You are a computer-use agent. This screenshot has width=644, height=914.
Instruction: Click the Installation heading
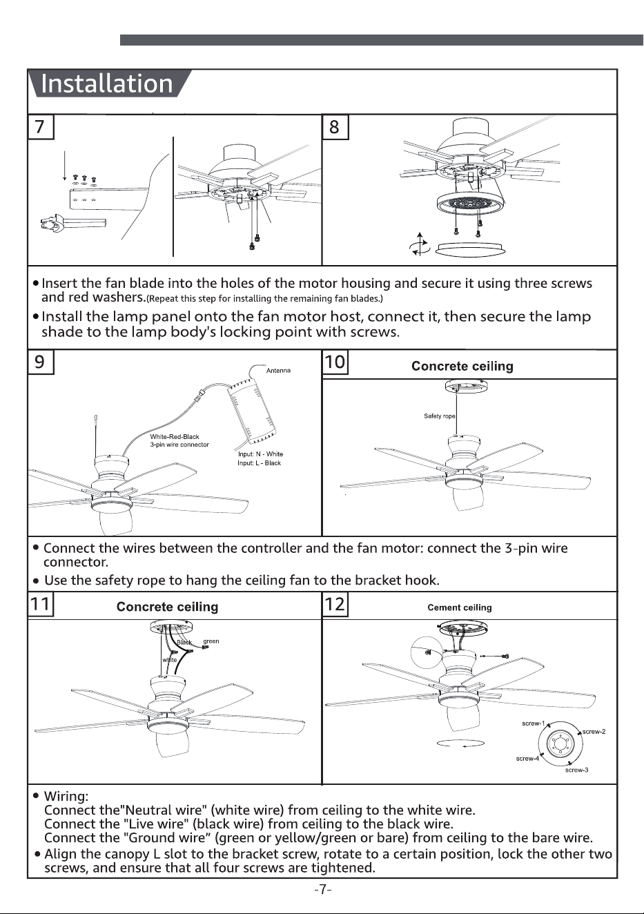107,84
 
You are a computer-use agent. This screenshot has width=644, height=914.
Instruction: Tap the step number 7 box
41,127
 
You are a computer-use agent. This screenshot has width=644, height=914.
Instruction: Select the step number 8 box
335,127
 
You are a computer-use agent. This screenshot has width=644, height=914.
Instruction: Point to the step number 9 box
41,362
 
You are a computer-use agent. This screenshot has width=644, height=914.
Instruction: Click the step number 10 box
335,362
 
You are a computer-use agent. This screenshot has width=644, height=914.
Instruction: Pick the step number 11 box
41,604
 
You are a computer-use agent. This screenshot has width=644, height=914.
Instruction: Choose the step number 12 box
335,604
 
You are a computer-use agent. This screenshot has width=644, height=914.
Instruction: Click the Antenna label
278,371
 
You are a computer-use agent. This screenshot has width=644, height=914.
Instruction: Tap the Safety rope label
439,416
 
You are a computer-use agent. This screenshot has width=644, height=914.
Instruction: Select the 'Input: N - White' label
260,454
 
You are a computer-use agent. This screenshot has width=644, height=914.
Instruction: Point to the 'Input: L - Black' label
259,463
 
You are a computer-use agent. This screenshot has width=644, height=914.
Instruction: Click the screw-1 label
534,723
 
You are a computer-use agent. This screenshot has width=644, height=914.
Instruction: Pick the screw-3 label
576,770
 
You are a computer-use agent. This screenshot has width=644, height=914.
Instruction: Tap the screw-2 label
594,732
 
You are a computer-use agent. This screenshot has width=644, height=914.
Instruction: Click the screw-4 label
527,759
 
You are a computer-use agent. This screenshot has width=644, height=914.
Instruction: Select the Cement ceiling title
460,607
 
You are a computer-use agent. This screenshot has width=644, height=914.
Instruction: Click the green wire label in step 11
211,641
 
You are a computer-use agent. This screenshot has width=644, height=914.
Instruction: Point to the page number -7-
322,889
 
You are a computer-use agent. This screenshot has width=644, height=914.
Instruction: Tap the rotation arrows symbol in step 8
420,245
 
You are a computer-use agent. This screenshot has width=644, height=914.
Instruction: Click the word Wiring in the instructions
66,796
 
